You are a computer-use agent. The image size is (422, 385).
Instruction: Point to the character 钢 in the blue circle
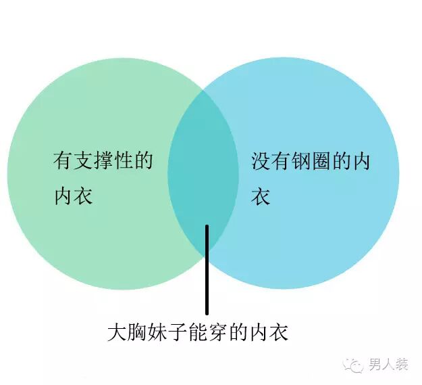[x=302, y=162]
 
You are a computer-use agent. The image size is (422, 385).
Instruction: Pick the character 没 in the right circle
[x=261, y=162]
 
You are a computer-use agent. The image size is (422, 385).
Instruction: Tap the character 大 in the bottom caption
[x=117, y=332]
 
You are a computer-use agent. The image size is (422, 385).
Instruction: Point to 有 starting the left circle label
[x=63, y=161]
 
